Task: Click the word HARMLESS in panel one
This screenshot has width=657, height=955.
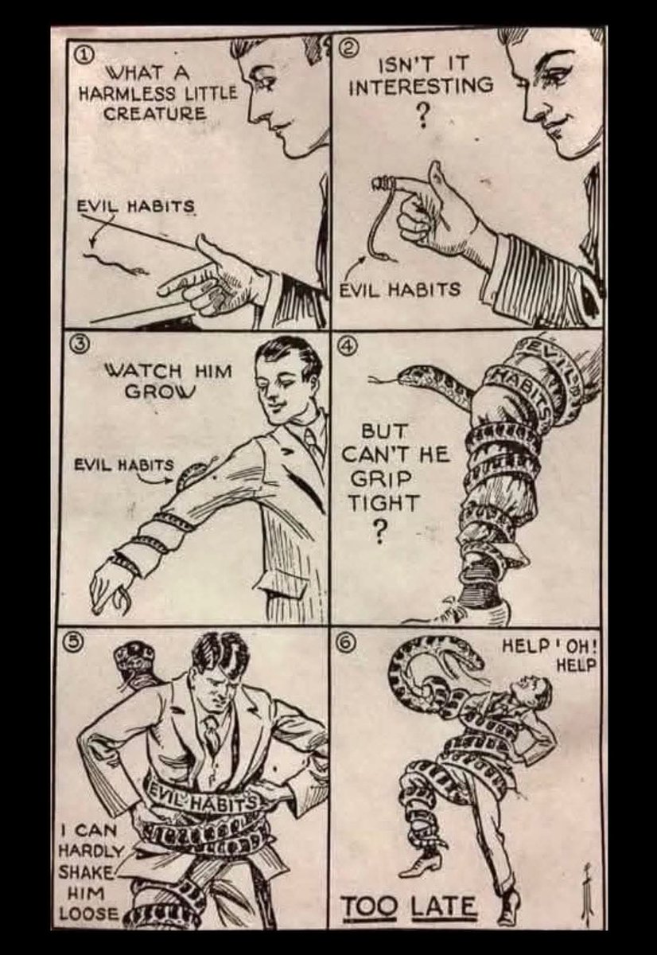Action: click(123, 93)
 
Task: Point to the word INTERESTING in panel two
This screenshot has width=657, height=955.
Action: click(421, 87)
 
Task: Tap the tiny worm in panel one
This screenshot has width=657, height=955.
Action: click(116, 263)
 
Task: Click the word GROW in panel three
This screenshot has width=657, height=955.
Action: click(160, 392)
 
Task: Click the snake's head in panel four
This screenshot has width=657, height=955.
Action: click(411, 376)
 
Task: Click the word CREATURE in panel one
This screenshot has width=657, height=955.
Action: click(155, 113)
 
